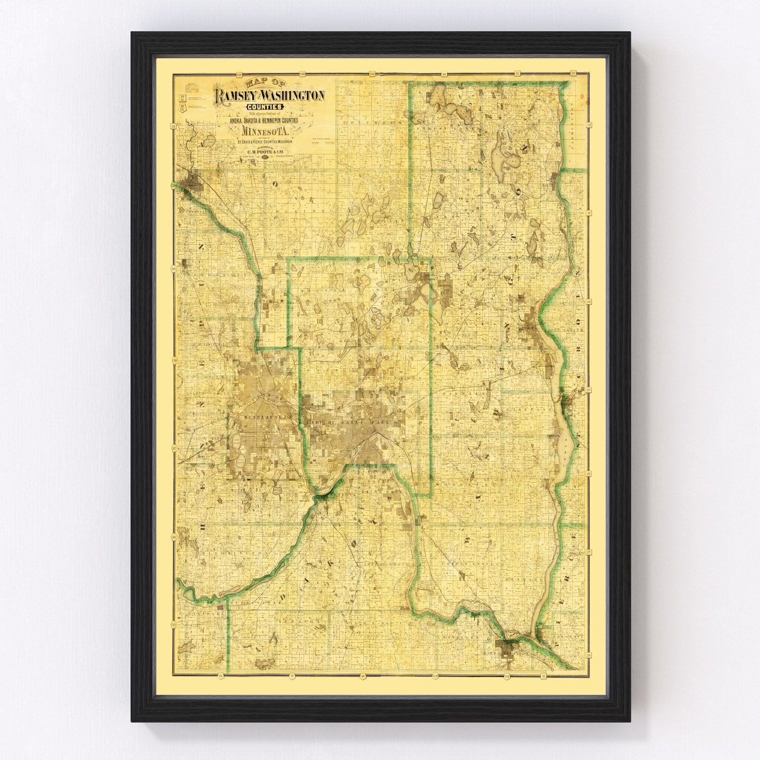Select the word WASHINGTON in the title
click(295, 95)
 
